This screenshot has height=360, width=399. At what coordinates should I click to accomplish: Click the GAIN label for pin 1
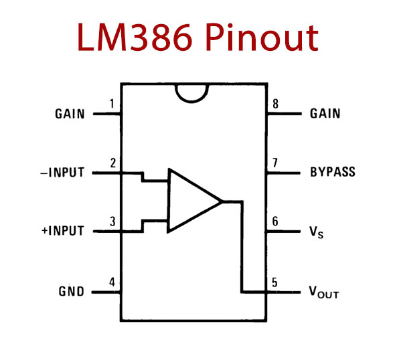70,114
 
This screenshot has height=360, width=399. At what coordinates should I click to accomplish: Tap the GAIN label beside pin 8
325,114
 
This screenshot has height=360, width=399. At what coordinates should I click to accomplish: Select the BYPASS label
333,172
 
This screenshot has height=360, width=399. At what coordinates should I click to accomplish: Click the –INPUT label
62,173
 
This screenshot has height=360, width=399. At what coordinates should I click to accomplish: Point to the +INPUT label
63,231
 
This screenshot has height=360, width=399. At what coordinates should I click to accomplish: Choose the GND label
71,292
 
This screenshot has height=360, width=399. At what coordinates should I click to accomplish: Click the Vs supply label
316,232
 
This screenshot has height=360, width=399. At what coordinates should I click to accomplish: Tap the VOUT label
323,292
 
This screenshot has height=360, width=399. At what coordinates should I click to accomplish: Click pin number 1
112,104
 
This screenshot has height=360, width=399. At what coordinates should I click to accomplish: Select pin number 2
113,163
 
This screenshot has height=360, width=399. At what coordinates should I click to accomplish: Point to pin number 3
112,221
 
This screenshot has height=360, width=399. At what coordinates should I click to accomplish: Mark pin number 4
112,282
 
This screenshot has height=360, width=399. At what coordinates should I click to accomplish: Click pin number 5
274,282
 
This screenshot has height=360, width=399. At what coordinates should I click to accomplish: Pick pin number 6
275,221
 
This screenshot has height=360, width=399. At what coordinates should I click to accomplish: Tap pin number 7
275,163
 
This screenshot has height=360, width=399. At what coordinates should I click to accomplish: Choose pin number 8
275,104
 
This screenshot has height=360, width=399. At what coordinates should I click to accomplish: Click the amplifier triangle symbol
168,201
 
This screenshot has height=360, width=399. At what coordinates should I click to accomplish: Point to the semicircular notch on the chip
191,102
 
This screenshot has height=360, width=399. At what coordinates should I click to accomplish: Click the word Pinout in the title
262,37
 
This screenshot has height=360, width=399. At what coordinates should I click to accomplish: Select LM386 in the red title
135,37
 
